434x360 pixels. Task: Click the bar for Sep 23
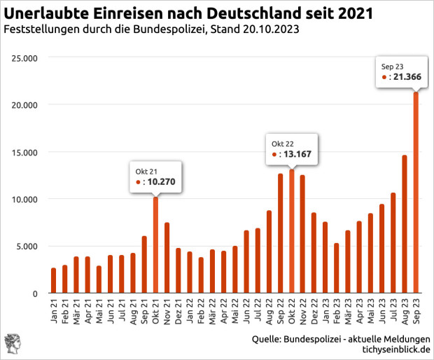click(416, 193)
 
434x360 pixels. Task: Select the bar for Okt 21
click(156, 245)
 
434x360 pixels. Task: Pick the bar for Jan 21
click(54, 280)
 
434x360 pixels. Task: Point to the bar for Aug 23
click(405, 224)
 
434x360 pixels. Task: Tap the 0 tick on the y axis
click(33, 293)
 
